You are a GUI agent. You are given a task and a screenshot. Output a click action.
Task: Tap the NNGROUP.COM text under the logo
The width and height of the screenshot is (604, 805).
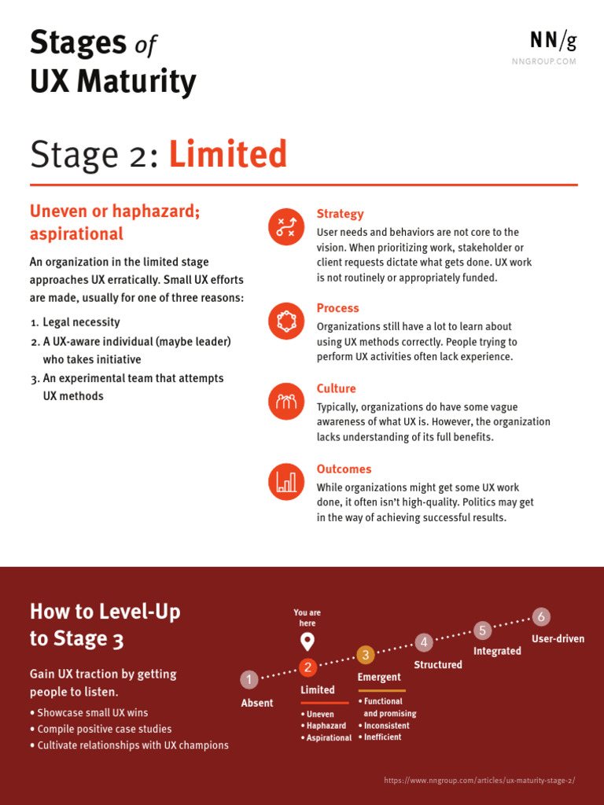pos(544,61)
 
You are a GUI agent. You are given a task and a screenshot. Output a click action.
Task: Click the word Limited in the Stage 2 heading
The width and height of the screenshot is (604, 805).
pos(228,155)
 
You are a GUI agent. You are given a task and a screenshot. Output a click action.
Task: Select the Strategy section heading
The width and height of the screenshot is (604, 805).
pos(340,214)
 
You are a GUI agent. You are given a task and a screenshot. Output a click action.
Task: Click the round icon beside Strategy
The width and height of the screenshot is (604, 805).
pos(286,226)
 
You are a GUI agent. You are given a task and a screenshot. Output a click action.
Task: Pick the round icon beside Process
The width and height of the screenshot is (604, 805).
pos(286,321)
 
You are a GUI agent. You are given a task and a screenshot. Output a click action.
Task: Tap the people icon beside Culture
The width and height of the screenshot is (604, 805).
pos(286,402)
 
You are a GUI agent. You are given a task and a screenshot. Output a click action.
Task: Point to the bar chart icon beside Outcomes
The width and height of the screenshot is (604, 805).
pos(286,482)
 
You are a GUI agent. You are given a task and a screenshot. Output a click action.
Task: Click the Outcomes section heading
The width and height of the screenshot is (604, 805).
pos(344,469)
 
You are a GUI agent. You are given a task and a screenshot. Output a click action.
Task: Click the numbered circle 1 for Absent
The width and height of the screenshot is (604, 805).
pos(249,680)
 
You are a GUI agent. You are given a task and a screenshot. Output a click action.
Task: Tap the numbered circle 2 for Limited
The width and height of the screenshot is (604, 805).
pos(308,667)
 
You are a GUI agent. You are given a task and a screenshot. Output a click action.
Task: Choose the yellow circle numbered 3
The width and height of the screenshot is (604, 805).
pos(365,655)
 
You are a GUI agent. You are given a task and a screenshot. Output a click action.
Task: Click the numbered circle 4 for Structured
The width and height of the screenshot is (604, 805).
pos(424,642)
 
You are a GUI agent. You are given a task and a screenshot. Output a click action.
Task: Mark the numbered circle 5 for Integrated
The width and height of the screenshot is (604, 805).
pos(483,630)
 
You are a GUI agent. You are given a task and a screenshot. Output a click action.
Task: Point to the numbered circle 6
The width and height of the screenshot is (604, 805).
pos(541,617)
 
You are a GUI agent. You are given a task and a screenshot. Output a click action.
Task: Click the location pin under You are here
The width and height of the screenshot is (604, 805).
pos(308,641)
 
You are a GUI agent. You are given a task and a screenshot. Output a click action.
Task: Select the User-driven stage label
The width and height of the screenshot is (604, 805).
pos(558,639)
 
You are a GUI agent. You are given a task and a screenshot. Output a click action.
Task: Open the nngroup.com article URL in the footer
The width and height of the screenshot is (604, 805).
pos(479,781)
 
